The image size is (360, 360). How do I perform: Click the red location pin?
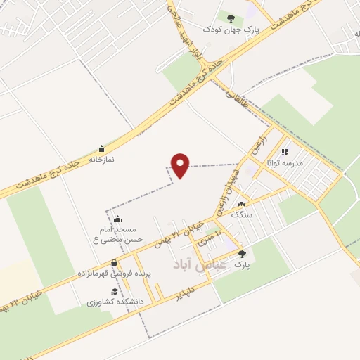(x=181, y=165)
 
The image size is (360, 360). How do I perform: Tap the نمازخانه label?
(x=101, y=160)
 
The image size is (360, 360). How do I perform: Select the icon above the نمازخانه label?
(x=101, y=149)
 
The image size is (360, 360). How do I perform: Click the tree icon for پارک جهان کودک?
(x=230, y=16)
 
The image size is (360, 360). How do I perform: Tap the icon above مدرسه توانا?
(x=285, y=151)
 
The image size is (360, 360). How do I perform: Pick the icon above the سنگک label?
(x=241, y=204)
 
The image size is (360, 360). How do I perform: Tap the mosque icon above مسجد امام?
(x=117, y=219)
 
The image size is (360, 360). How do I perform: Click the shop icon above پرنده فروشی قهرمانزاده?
(x=114, y=262)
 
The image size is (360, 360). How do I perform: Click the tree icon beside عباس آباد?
(x=242, y=255)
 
